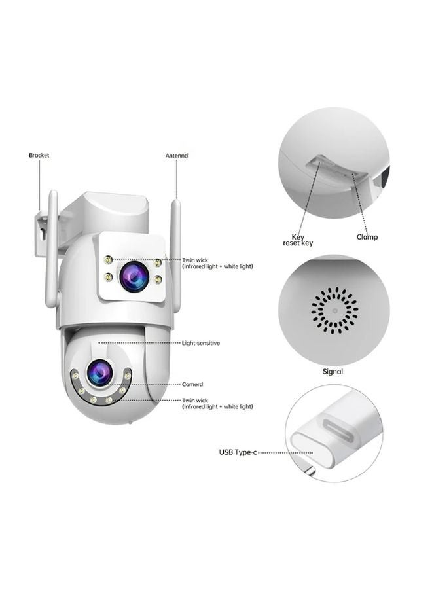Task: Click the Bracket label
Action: pyautogui.click(x=39, y=156)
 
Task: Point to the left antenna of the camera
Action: pyautogui.click(x=52, y=249)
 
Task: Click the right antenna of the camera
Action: pyautogui.click(x=175, y=249)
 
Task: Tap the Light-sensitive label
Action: pyautogui.click(x=200, y=343)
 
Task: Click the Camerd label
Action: pyautogui.click(x=192, y=384)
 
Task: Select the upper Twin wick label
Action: pyautogui.click(x=217, y=263)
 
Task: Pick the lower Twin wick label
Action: pyautogui.click(x=217, y=403)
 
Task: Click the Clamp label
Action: pyautogui.click(x=367, y=237)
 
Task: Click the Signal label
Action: pyautogui.click(x=333, y=372)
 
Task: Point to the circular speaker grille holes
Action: pyautogui.click(x=334, y=310)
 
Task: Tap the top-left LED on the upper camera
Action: pyautogui.click(x=108, y=261)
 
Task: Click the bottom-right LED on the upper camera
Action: pyautogui.click(x=158, y=279)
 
